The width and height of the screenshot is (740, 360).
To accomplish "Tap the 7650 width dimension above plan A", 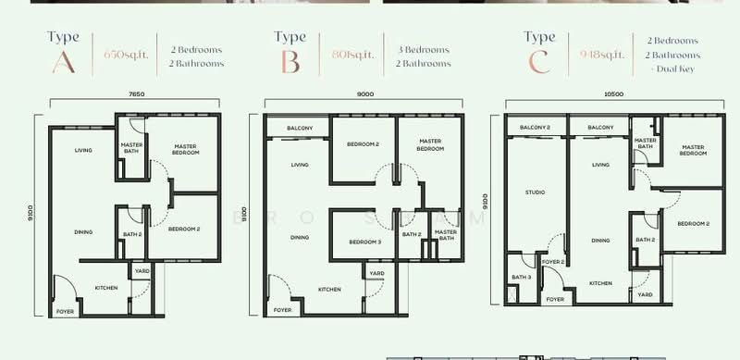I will click(114, 95).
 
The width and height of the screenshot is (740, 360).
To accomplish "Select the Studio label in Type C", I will click(534, 192).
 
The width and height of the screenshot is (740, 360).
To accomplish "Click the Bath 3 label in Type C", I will click(521, 277).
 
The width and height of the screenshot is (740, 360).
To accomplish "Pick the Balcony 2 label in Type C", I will click(535, 127).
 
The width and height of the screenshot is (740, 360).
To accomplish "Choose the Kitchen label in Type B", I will click(330, 290).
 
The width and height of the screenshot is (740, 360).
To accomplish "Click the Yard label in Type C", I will click(645, 294).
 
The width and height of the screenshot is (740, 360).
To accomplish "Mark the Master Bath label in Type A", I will click(129, 149).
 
